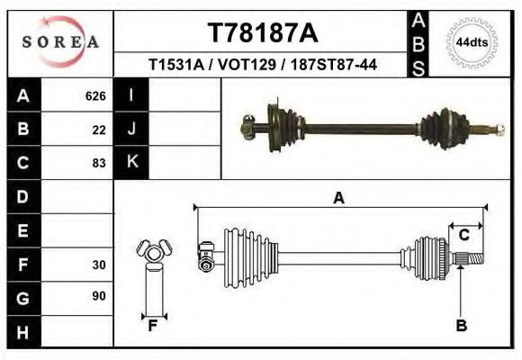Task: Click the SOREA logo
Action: click(60, 41)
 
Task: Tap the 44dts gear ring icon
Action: click(472, 41)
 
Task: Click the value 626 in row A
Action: click(95, 95)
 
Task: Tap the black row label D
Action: click(23, 196)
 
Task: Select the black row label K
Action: click(132, 162)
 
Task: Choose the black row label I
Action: click(132, 94)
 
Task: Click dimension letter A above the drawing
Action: click(338, 198)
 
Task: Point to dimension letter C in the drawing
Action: click(464, 236)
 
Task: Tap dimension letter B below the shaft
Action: click(461, 326)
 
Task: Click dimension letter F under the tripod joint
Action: click(153, 326)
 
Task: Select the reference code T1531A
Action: click(179, 65)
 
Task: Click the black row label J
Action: click(132, 129)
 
